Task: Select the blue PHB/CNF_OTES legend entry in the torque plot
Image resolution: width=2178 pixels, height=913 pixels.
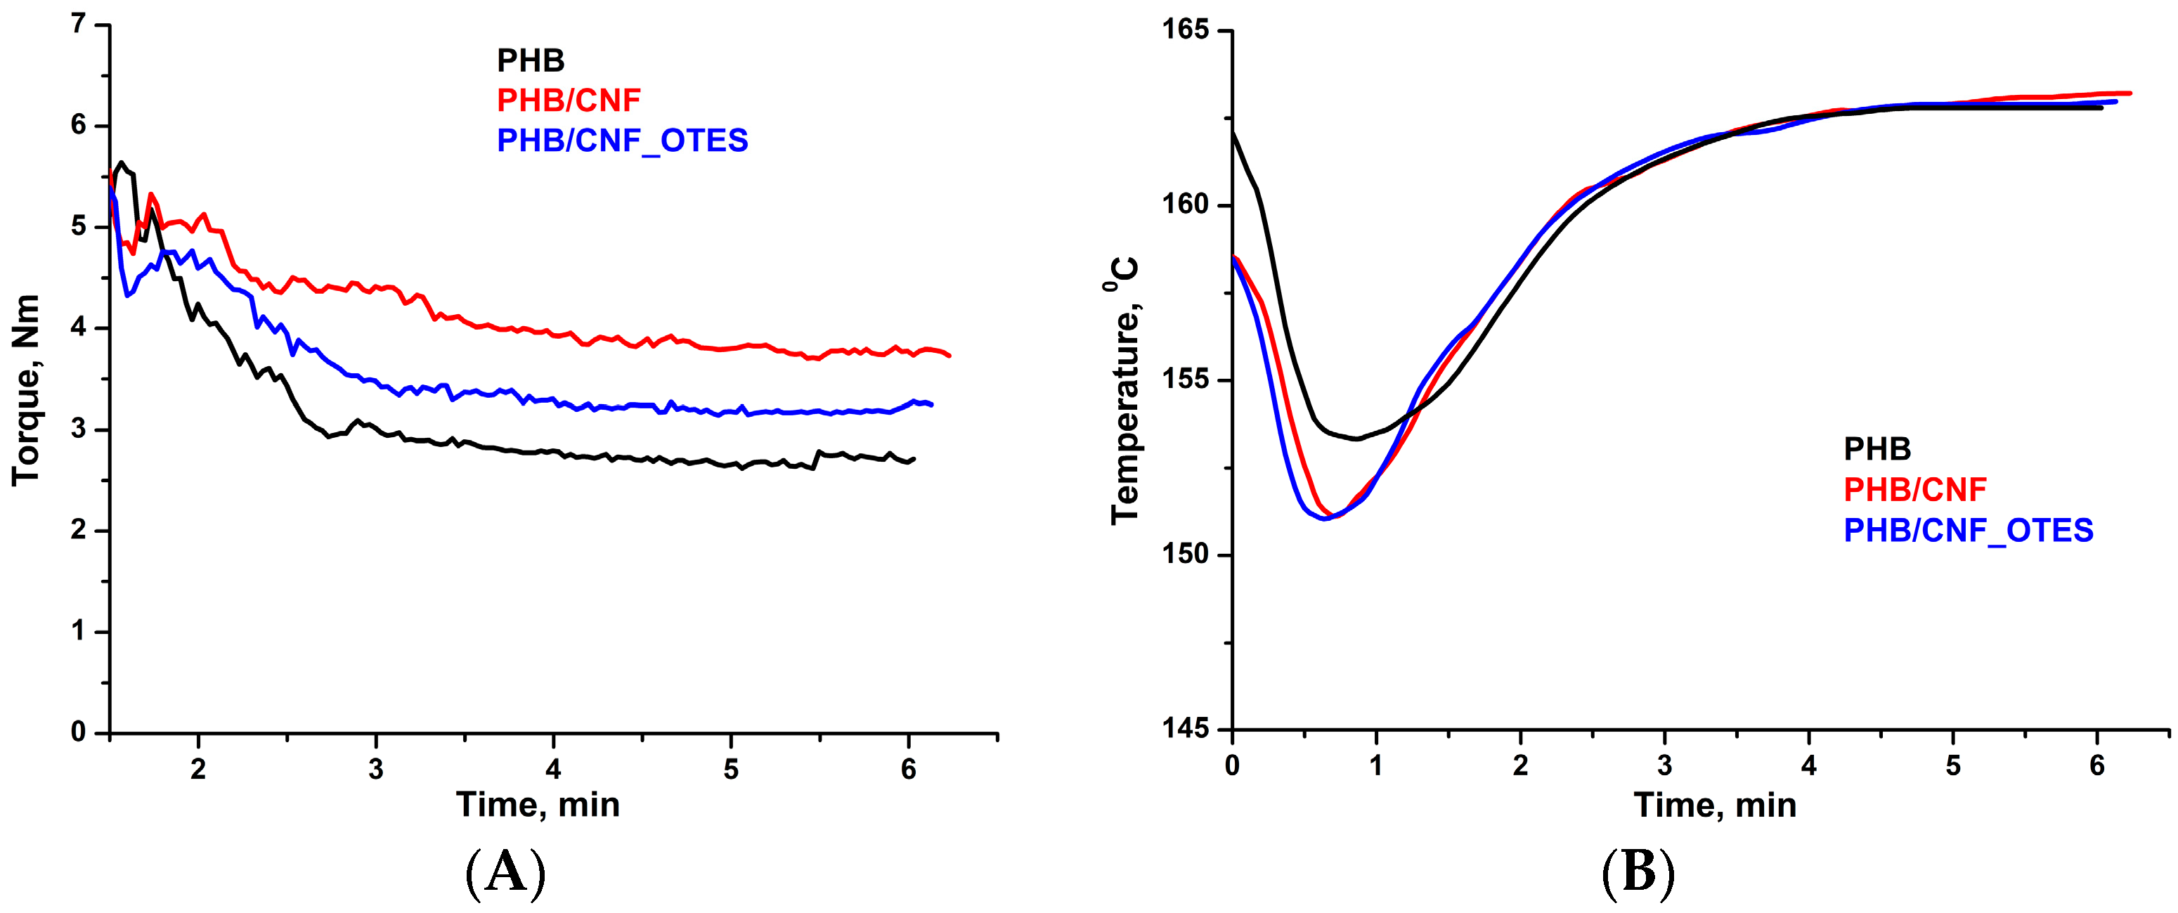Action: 622,141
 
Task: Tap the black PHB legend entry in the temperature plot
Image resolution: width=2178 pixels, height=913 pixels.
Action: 1877,449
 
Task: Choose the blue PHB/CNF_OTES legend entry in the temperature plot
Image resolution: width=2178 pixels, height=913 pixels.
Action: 1969,531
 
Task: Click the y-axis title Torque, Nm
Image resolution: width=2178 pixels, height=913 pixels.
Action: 26,391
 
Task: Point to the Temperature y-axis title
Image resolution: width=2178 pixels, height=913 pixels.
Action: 1124,391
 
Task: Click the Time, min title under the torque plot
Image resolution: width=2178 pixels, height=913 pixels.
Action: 538,805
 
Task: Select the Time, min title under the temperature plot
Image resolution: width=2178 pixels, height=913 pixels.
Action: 1715,805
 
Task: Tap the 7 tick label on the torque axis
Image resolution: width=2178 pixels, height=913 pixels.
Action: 78,24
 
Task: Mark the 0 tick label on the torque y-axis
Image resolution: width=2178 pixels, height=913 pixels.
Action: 78,732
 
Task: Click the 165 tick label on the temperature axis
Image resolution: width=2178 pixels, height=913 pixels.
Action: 1184,30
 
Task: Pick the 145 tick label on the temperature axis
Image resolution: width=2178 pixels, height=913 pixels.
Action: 1184,728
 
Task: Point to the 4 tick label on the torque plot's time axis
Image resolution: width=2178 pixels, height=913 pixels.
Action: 553,770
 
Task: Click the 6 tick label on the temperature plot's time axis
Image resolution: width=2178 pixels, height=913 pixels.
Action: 2097,766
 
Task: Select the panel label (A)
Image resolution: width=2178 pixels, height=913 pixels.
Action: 505,873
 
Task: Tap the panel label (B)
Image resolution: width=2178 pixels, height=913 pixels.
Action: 1638,873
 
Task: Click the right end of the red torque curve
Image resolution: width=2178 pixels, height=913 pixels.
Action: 949,356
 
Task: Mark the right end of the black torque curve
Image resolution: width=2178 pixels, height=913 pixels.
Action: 914,459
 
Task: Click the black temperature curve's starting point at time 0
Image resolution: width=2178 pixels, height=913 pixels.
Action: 1233,132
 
